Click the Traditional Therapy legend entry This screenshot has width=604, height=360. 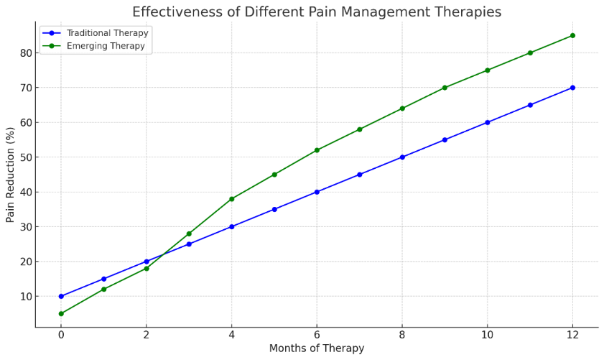pos(95,33)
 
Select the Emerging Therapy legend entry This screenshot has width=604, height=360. pos(93,46)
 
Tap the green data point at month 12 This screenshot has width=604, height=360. pos(572,35)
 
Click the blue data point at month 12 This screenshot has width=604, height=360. pos(572,88)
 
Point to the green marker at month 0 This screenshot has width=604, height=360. pos(61,314)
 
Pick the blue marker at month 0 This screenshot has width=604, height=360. pos(61,296)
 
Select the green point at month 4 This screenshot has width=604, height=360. pos(232,199)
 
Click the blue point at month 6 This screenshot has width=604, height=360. pos(317,192)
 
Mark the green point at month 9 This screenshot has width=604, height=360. pos(445,88)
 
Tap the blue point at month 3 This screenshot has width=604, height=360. pos(189,244)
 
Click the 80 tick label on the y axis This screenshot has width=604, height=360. pos(25,52)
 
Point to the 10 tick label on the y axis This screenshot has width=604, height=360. pos(25,296)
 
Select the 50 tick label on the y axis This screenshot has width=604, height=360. pos(25,157)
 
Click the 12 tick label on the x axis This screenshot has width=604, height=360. pos(572,335)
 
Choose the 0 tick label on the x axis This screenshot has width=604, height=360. pos(61,335)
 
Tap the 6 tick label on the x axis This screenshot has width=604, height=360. pos(317,335)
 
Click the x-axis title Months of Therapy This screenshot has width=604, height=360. pos(317,349)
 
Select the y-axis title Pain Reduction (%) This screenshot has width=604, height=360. pos(10,175)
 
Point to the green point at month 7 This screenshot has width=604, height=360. pos(360,129)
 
